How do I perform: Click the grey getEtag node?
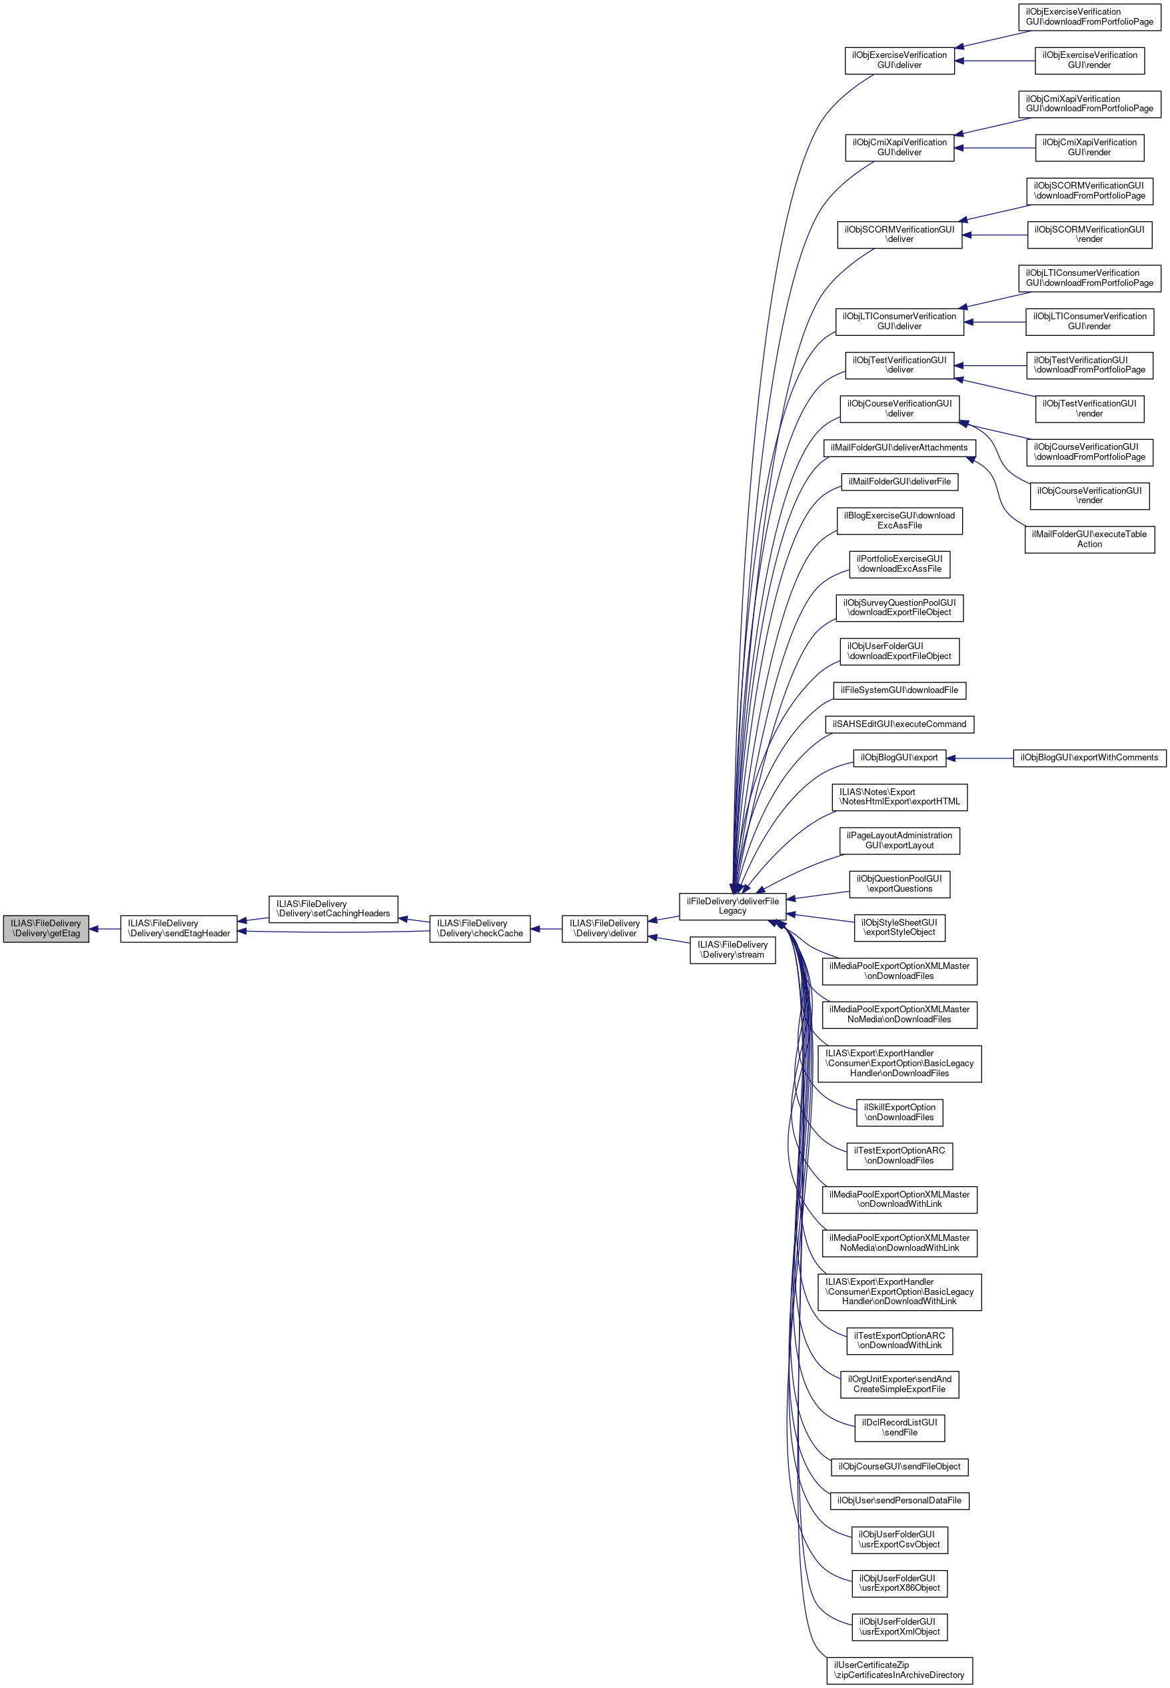pyautogui.click(x=45, y=928)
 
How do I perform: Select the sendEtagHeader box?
pyautogui.click(x=178, y=928)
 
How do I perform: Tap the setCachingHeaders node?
pyautogui.click(x=333, y=908)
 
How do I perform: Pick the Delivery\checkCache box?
pyautogui.click(x=480, y=928)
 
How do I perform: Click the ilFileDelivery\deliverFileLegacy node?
pyautogui.click(x=732, y=906)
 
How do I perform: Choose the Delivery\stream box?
pyautogui.click(x=732, y=950)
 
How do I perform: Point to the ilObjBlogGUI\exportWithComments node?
pyautogui.click(x=1089, y=758)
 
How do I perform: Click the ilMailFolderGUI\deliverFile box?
pyautogui.click(x=899, y=481)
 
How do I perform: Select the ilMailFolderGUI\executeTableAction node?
pyautogui.click(x=1089, y=539)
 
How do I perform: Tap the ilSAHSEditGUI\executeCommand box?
pyautogui.click(x=899, y=724)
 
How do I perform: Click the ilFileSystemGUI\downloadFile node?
pyautogui.click(x=899, y=690)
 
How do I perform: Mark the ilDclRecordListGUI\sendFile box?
pyautogui.click(x=899, y=1427)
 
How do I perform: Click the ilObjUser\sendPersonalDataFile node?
pyautogui.click(x=899, y=1500)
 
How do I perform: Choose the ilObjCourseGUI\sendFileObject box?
pyautogui.click(x=899, y=1467)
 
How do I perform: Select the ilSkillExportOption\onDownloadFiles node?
pyautogui.click(x=899, y=1112)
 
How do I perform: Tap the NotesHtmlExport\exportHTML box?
pyautogui.click(x=899, y=796)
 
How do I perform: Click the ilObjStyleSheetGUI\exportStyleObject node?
pyautogui.click(x=899, y=927)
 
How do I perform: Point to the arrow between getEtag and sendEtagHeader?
pyautogui.click(x=105, y=929)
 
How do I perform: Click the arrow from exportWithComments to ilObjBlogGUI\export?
pyautogui.click(x=979, y=758)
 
